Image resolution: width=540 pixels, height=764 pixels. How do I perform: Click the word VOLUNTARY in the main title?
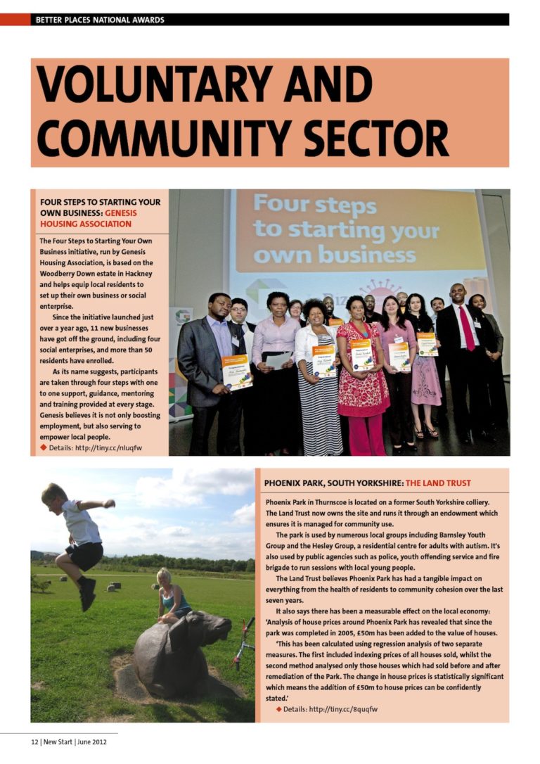155,83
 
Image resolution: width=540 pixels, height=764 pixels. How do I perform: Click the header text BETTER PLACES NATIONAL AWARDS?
100,20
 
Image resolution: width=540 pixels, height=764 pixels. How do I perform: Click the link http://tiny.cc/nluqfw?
105,448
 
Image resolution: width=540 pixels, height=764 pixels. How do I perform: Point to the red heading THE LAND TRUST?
438,483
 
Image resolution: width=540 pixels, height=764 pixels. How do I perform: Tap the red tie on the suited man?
466,328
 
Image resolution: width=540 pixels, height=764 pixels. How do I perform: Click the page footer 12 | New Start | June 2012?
68,742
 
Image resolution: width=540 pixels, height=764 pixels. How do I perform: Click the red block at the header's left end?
15,20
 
